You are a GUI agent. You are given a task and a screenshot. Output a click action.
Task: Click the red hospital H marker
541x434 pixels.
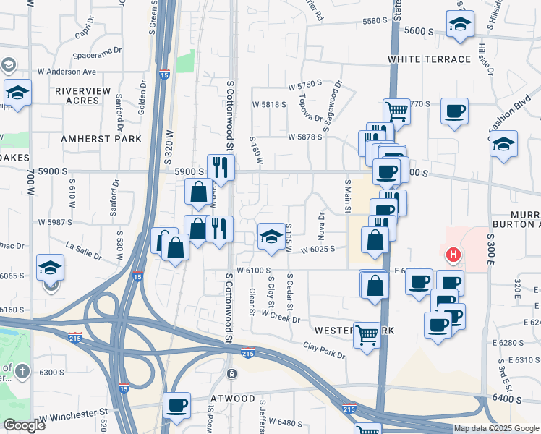click(x=453, y=255)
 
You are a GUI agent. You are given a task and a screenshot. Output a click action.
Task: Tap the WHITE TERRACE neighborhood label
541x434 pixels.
click(x=429, y=59)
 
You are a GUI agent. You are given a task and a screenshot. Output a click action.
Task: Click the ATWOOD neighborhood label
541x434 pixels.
click(x=231, y=399)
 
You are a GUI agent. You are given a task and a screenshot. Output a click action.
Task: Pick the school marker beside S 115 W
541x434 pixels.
click(x=271, y=236)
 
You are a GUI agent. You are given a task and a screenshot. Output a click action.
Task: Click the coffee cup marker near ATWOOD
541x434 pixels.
click(x=176, y=405)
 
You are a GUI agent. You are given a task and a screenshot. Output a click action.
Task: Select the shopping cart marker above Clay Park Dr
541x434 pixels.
click(x=367, y=334)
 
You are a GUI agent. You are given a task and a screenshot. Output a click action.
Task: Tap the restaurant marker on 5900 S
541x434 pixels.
click(x=221, y=167)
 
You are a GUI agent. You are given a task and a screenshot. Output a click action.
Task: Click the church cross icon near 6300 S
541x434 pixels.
click(x=22, y=371)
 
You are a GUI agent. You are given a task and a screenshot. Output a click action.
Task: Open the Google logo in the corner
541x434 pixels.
click(x=24, y=425)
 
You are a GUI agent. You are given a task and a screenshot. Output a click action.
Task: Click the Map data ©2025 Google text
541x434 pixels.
click(x=496, y=428)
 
